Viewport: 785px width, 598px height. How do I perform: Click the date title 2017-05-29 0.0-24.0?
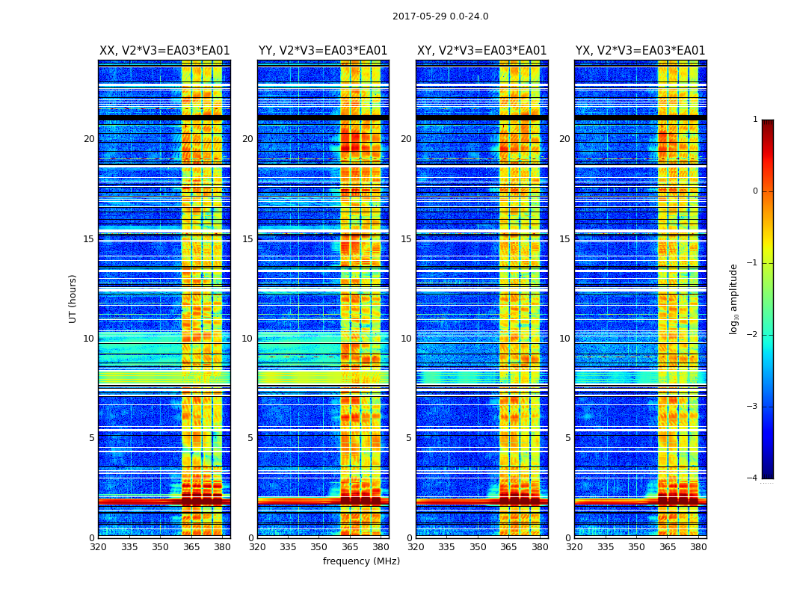point(440,16)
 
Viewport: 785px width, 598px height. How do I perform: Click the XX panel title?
point(164,51)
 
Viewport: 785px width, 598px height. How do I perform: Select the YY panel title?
point(323,51)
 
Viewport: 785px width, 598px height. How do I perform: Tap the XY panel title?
point(482,51)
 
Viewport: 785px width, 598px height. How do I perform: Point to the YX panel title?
point(641,51)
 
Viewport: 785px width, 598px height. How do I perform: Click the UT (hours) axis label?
point(73,298)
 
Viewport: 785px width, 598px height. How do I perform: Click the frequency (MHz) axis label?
point(361,561)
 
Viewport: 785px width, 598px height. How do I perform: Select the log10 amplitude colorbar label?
point(733,298)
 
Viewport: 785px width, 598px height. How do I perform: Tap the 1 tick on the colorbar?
point(754,120)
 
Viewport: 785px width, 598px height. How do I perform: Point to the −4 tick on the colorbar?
point(752,478)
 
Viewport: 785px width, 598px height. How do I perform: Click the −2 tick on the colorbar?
point(752,335)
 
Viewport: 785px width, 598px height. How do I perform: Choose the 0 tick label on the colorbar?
point(754,191)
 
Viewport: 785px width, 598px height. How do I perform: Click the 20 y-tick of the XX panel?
point(89,139)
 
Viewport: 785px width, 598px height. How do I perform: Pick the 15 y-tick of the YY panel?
point(247,239)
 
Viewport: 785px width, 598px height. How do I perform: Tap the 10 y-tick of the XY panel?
point(406,339)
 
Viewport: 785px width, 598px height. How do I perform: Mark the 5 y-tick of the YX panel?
point(567,438)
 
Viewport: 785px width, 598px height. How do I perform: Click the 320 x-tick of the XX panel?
point(99,547)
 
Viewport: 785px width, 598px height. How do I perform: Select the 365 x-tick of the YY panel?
point(350,547)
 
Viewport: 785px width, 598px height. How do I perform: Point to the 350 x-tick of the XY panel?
point(478,547)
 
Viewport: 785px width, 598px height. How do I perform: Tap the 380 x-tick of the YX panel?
point(698,547)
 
